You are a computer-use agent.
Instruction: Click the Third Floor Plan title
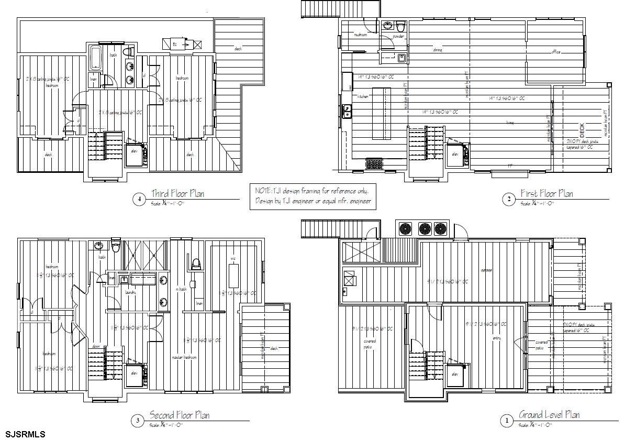pyautogui.click(x=177, y=193)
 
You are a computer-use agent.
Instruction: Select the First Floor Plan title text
pyautogui.click(x=546, y=194)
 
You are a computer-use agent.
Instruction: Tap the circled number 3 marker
pyautogui.click(x=137, y=420)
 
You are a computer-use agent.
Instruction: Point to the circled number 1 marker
pyautogui.click(x=506, y=420)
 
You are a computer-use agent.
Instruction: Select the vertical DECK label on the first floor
pyautogui.click(x=582, y=129)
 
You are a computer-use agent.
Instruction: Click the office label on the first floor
pyautogui.click(x=556, y=52)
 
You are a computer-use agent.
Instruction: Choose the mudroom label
pyautogui.click(x=360, y=35)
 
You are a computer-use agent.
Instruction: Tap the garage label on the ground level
pyautogui.click(x=486, y=270)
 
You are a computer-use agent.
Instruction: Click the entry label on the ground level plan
pyautogui.click(x=497, y=338)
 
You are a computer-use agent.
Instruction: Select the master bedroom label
pyautogui.click(x=184, y=357)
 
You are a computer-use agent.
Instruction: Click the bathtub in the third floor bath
pyautogui.click(x=96, y=58)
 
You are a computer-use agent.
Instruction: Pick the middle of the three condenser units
pyautogui.click(x=425, y=229)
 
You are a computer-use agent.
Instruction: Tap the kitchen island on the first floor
pyautogui.click(x=382, y=113)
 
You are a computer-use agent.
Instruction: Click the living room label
pyautogui.click(x=509, y=123)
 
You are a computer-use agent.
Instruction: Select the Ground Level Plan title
pyautogui.click(x=549, y=415)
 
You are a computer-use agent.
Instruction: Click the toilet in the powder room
pyautogui.click(x=400, y=26)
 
